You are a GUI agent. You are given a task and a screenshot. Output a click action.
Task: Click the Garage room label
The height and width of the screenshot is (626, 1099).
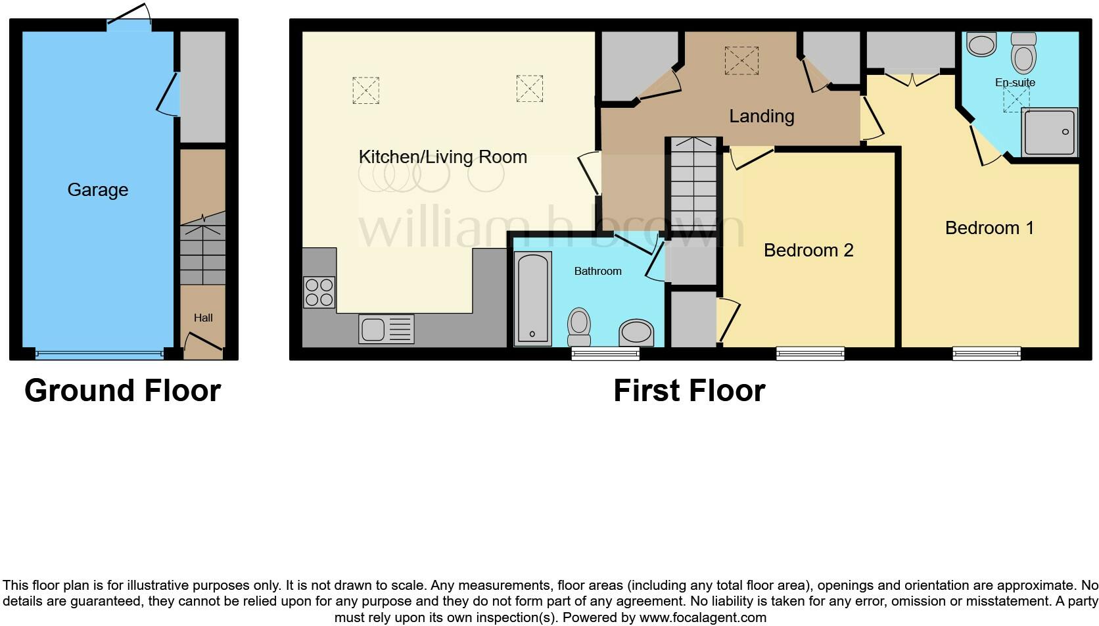coord(97,190)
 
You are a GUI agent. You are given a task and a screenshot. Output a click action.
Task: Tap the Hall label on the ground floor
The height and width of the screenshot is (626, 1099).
coord(203,318)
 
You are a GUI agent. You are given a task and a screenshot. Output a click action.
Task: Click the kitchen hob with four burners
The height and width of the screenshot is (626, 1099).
coord(319,293)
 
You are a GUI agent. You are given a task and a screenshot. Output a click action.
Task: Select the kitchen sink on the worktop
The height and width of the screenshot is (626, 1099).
coord(386,329)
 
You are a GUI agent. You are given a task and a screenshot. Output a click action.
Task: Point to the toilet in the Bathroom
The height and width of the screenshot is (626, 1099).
coord(579,326)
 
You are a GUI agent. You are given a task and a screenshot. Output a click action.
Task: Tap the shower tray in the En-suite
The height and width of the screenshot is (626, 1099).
coord(1050,132)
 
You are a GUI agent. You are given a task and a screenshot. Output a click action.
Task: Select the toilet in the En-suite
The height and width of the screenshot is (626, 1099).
coord(1023,53)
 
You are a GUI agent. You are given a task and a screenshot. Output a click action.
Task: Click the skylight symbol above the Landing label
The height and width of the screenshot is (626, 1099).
coord(741,60)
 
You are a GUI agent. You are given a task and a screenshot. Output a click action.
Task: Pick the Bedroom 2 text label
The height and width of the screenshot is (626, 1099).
coord(808,251)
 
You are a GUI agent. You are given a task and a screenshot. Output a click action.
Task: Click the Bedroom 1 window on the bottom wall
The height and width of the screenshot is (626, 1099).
coord(987,354)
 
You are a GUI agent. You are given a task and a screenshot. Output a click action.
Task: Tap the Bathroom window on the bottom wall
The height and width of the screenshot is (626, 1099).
coord(605,354)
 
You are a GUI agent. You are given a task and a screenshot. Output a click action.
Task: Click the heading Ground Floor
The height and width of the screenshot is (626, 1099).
coord(122,391)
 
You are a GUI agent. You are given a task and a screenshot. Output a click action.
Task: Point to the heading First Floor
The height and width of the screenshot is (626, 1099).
coord(689,391)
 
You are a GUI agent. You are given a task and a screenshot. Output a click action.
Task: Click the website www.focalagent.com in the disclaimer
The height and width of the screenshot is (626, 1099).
coord(702,617)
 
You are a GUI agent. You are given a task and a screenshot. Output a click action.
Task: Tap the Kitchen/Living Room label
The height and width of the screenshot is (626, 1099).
coord(442,157)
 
